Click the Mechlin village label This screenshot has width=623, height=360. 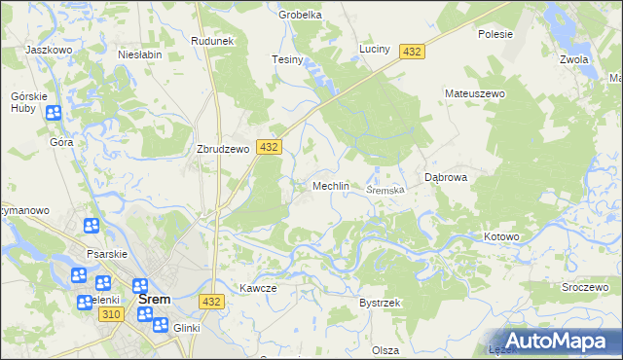pyautogui.click(x=330, y=186)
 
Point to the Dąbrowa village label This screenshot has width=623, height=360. pyautogui.click(x=447, y=178)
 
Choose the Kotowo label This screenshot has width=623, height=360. pyautogui.click(x=502, y=236)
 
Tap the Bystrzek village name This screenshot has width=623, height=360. pyautogui.click(x=380, y=304)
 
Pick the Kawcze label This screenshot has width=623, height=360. pyautogui.click(x=259, y=288)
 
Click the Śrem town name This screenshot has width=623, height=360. pyautogui.click(x=156, y=300)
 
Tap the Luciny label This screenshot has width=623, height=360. pyautogui.click(x=375, y=48)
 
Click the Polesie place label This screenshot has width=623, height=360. pyautogui.click(x=495, y=33)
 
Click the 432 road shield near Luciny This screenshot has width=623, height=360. pyautogui.click(x=412, y=51)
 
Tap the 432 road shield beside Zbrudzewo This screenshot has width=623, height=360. pyautogui.click(x=270, y=146)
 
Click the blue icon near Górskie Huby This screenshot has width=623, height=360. pyautogui.click(x=54, y=114)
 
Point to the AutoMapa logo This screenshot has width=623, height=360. pyautogui.click(x=563, y=340)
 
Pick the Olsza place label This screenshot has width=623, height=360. pyautogui.click(x=385, y=349)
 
